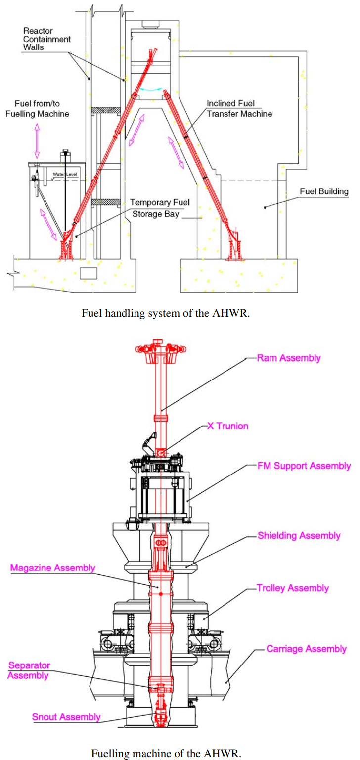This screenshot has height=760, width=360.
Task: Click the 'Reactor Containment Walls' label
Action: click(x=47, y=39)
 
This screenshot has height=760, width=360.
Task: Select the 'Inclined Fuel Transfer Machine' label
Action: click(x=239, y=108)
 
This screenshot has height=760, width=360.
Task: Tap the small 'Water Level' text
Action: click(x=65, y=174)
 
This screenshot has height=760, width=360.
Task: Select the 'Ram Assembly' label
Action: click(x=289, y=358)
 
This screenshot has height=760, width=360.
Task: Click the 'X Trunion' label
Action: click(x=227, y=426)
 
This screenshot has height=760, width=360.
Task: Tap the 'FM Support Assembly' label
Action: click(x=304, y=466)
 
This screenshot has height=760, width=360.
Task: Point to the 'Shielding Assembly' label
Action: click(x=299, y=536)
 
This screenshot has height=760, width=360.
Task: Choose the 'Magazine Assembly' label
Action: click(x=53, y=568)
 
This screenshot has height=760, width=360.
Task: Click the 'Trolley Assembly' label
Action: click(x=293, y=588)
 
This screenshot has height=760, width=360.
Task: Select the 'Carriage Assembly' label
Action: click(x=307, y=649)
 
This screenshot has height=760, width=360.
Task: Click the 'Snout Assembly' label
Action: click(x=66, y=717)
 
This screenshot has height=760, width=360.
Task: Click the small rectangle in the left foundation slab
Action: click(x=89, y=273)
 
